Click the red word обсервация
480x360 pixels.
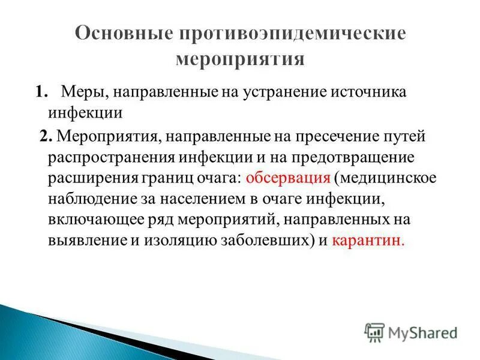tap(289, 178)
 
